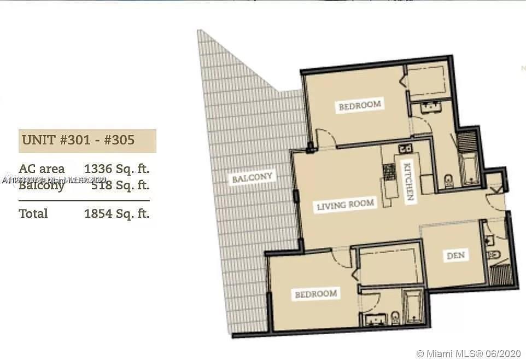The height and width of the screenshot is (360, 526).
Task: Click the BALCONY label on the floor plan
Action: (252, 178)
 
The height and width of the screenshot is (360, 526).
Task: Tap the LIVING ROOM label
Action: (346, 205)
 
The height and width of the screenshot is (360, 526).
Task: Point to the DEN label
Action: (455, 256)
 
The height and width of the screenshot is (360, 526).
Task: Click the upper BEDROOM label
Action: (359, 105)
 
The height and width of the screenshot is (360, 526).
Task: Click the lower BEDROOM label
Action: (315, 294)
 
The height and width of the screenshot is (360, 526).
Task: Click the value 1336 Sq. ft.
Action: (116, 169)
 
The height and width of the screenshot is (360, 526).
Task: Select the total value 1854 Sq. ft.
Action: (116, 213)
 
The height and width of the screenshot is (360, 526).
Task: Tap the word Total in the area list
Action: (33, 213)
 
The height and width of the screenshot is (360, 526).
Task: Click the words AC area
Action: (42, 169)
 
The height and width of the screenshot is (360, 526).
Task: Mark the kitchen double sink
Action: (405, 148)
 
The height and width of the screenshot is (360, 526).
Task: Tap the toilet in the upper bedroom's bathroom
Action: (448, 180)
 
